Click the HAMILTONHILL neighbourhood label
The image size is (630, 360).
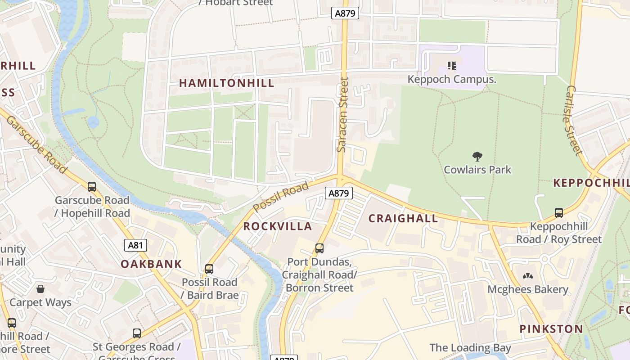point(226,83)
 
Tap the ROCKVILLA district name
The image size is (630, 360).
point(278,226)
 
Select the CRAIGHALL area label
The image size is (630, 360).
point(403,219)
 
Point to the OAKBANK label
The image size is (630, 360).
point(151,264)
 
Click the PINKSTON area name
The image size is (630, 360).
point(551,329)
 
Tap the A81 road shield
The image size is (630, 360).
point(135,245)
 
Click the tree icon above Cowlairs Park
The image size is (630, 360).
point(477,157)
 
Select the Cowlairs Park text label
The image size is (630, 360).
point(477,170)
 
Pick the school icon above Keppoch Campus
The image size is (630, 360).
point(452,66)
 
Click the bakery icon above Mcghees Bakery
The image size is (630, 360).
point(527,276)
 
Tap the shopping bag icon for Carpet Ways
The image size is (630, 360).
point(40,288)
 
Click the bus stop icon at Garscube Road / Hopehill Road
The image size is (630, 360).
point(92,186)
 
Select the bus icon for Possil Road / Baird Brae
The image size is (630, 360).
point(209,269)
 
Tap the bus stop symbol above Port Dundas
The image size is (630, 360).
point(319,248)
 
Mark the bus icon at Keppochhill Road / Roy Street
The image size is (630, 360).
point(559,213)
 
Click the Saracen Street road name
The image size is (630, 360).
point(343,115)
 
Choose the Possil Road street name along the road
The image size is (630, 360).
point(281,197)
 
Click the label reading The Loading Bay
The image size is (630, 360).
point(470,348)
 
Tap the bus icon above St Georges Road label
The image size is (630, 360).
point(137,333)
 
